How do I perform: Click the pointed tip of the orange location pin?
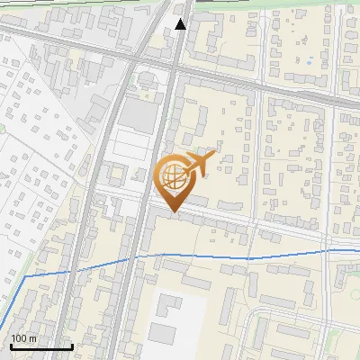(173, 212)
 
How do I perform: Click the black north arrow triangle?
(181, 24)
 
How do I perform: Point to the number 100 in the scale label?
(19, 337)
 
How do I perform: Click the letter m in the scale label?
(32, 337)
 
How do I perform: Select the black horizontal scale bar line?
(41, 346)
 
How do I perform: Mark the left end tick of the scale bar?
(10, 345)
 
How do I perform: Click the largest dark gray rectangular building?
(136, 112)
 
